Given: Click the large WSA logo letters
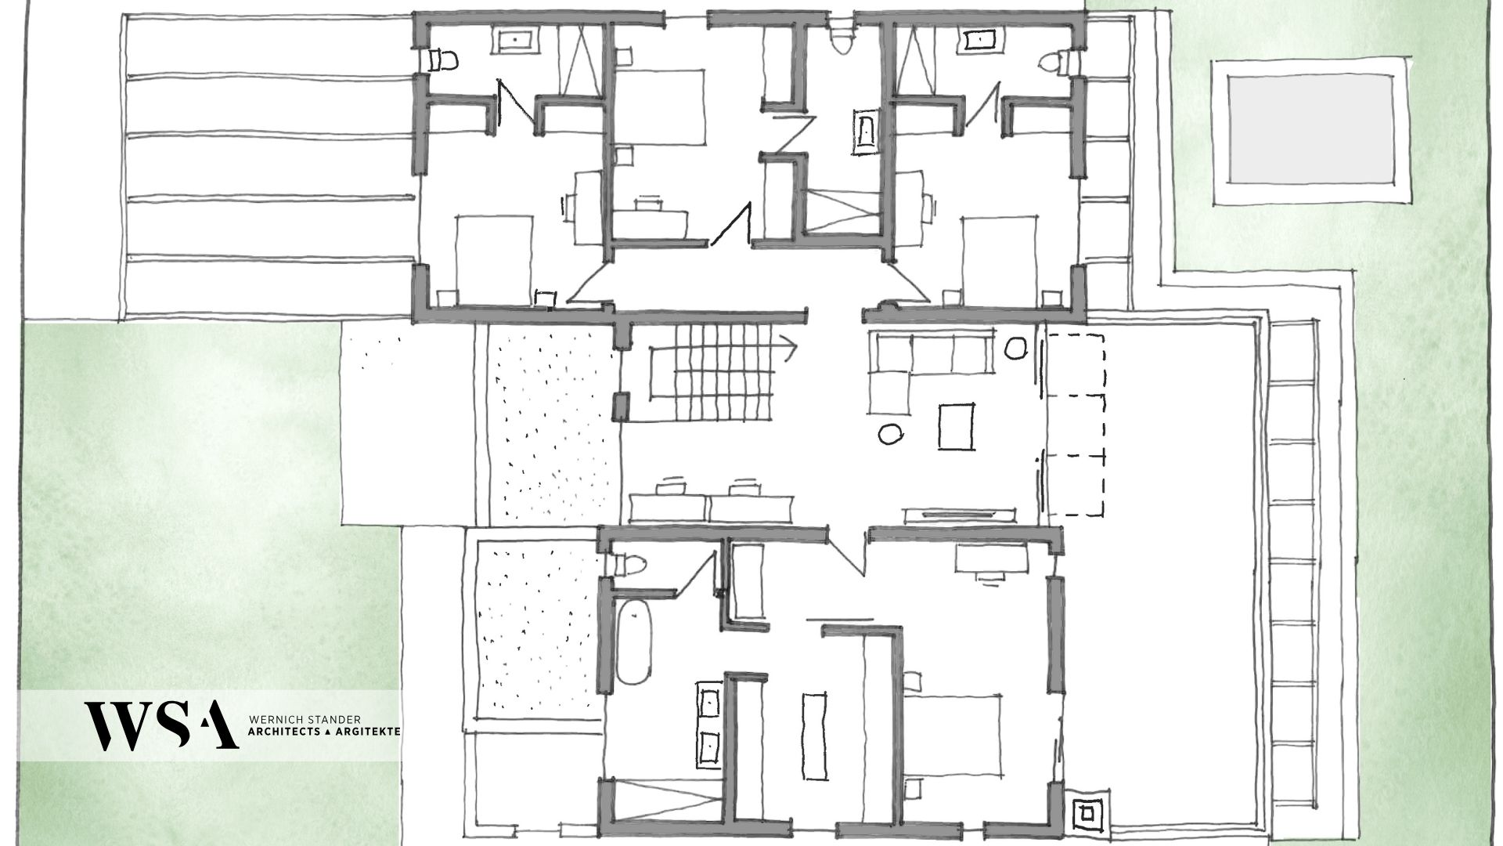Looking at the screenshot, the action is [162, 725].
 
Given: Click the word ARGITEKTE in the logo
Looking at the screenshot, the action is [369, 730].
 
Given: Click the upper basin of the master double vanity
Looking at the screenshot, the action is [710, 702].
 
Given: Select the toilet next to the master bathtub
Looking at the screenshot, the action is [629, 564].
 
